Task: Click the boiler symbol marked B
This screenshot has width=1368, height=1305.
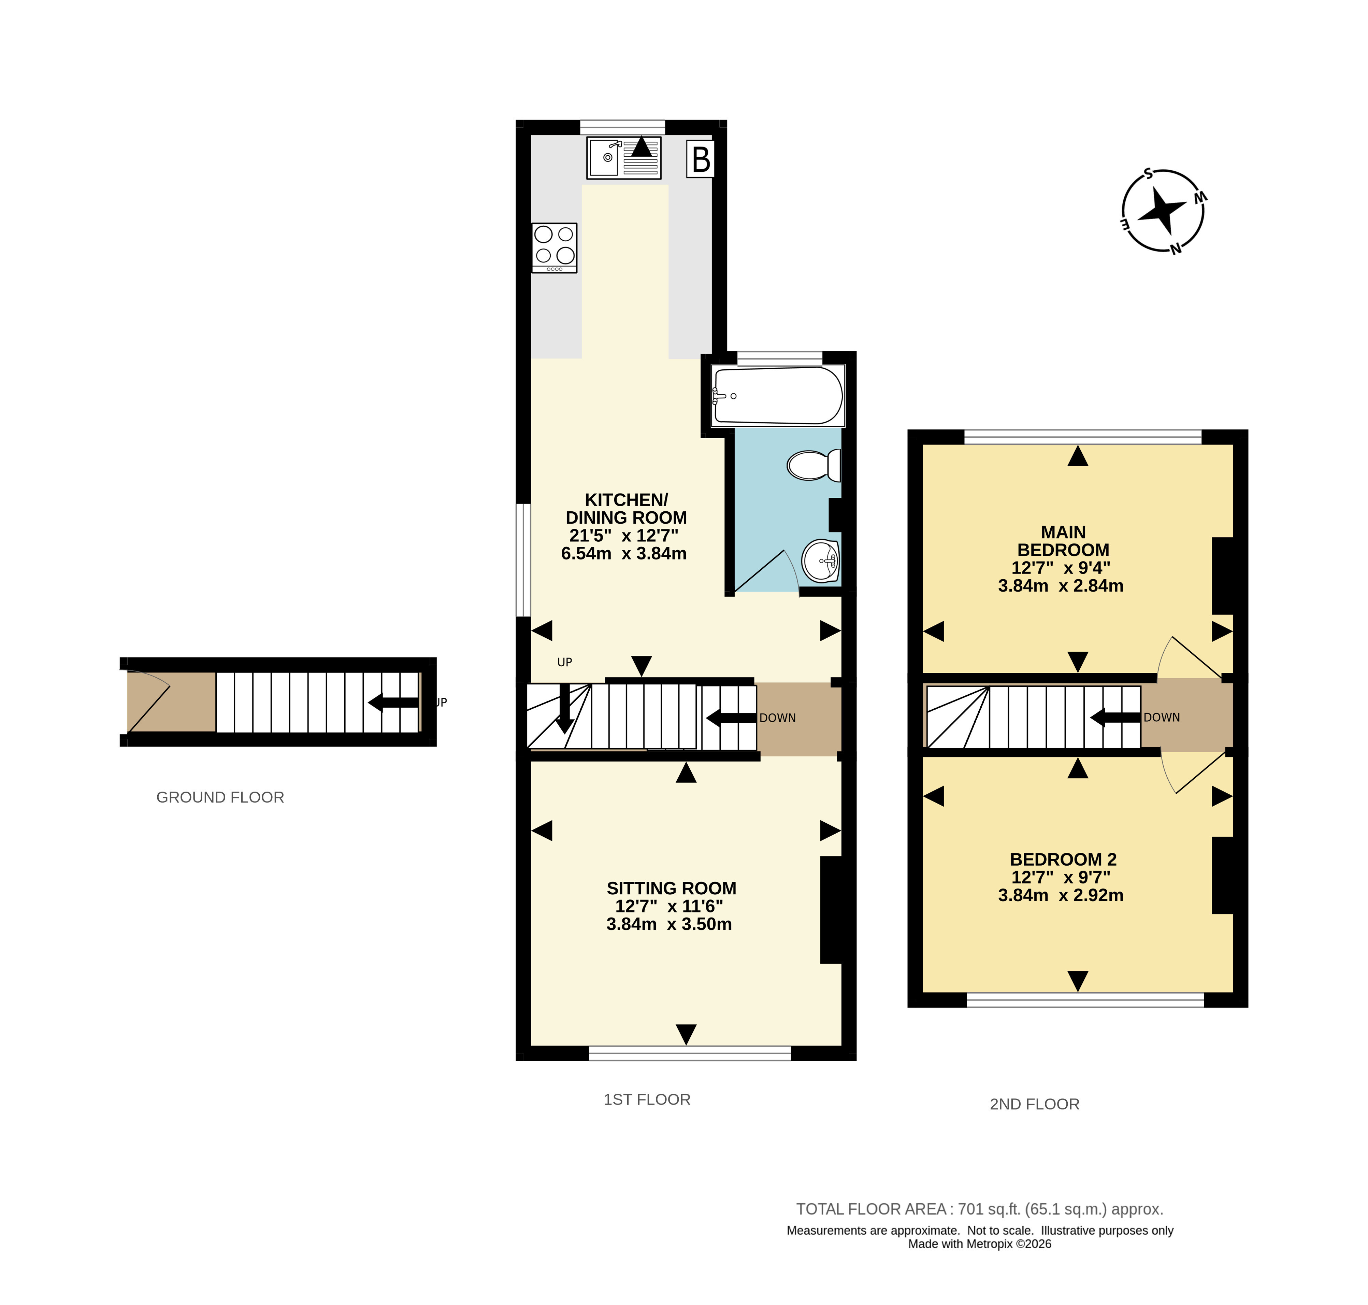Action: point(700,159)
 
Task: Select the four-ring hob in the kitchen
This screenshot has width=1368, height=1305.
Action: point(554,247)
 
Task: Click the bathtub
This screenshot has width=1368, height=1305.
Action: point(778,395)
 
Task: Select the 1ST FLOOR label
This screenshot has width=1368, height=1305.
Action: point(647,1099)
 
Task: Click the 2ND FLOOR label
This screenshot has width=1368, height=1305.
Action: point(1034,1104)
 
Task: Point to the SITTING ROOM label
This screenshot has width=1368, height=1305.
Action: point(671,888)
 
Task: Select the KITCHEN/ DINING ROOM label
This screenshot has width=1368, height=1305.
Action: point(626,509)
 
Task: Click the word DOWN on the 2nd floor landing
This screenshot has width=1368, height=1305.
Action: point(1162,717)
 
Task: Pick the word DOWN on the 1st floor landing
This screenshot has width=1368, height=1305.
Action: point(778,718)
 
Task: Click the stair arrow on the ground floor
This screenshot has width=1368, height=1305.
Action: point(393,703)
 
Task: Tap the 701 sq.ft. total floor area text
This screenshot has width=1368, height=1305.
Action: point(979,1209)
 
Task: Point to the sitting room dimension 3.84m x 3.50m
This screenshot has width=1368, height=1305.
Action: point(669,924)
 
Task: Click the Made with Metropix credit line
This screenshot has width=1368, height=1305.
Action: point(979,1244)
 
